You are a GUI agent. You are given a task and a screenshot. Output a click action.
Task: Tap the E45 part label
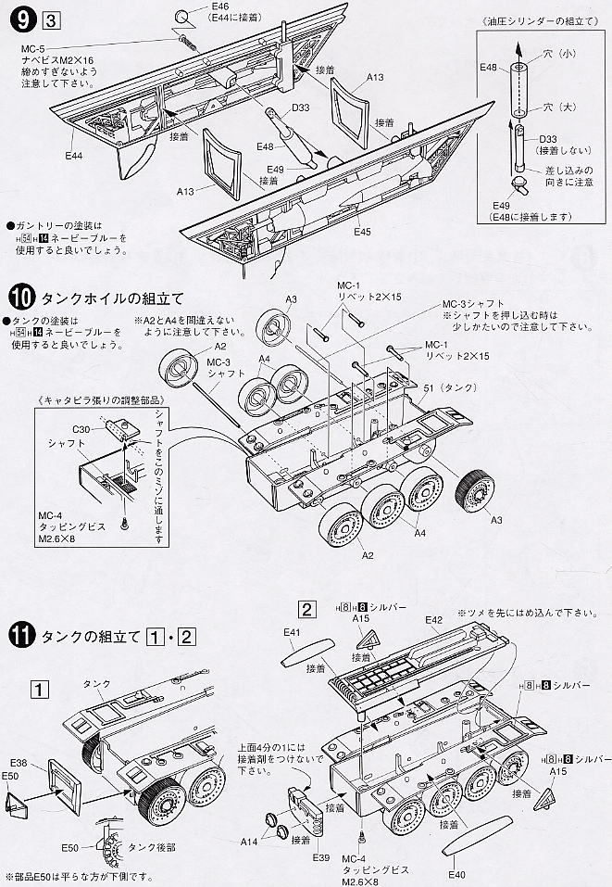tap(362, 231)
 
